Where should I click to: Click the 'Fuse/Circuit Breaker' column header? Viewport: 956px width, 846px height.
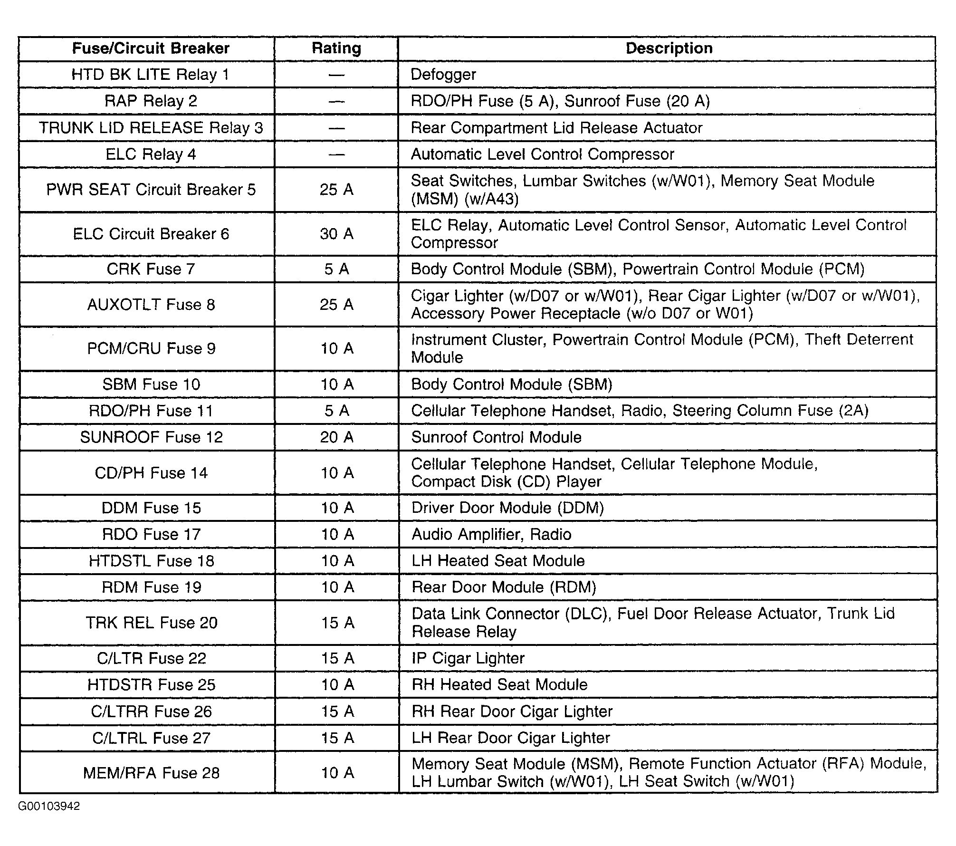coord(151,48)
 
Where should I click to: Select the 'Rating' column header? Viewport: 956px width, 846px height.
coord(336,48)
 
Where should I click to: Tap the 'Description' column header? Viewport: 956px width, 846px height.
coord(669,48)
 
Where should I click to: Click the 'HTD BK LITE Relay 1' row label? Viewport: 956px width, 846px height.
coord(150,75)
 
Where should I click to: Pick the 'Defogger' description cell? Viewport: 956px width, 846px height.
coord(443,75)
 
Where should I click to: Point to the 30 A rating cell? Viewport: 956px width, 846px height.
coord(336,234)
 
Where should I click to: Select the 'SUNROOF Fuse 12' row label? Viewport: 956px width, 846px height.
coord(151,437)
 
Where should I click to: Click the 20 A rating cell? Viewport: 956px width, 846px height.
coord(336,437)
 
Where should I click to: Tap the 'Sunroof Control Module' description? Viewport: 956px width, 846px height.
coord(496,437)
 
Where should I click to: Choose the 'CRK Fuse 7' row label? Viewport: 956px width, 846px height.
coord(151,269)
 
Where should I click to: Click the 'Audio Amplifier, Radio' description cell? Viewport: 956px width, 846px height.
coord(491,534)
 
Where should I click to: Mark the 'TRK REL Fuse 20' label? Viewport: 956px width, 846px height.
coord(152,623)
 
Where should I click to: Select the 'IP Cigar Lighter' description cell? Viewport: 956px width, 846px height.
coord(468,658)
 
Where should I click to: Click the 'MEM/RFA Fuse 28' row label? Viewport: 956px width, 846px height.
coord(151,773)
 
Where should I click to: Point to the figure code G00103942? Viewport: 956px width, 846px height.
coord(49,806)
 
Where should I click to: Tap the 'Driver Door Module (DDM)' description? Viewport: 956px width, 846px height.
coord(507,508)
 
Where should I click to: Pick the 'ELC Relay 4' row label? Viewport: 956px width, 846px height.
coord(151,154)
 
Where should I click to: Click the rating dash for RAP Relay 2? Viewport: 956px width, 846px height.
coord(336,101)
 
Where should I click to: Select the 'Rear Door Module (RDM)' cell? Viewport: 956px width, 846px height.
coord(504,587)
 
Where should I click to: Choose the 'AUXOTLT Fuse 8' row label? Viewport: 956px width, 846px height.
coord(151,305)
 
